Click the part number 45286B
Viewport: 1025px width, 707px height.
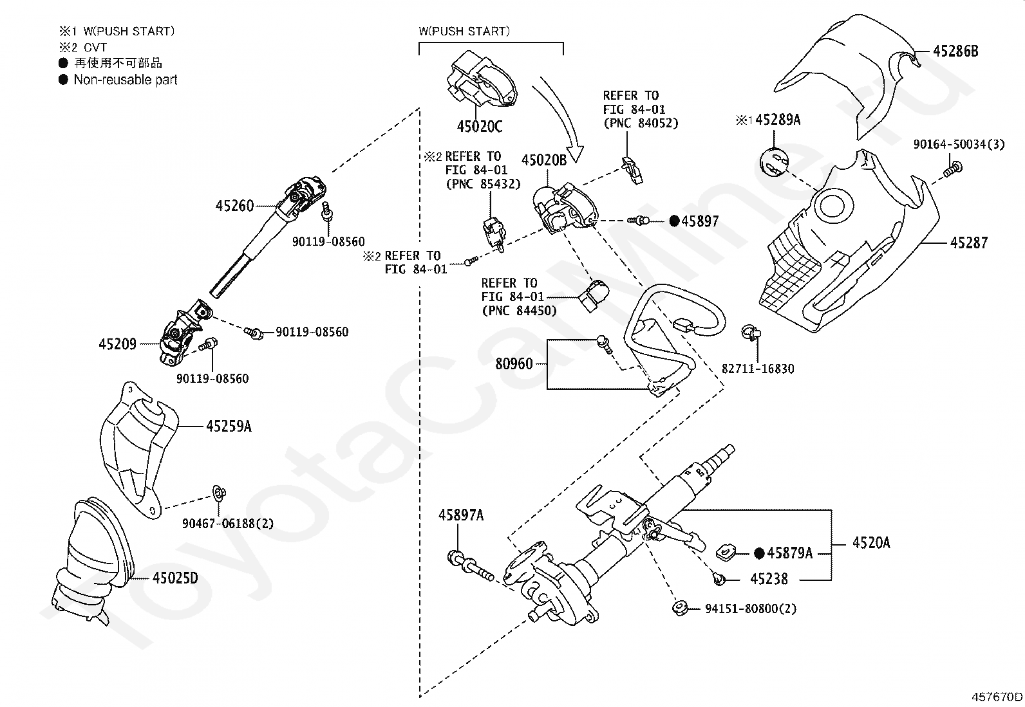pos(955,51)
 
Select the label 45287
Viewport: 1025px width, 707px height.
pos(969,243)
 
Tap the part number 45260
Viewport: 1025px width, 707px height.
pos(234,206)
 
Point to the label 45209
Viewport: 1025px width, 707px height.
pos(118,344)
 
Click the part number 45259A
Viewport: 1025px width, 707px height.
pos(229,427)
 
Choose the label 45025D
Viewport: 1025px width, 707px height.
pos(175,578)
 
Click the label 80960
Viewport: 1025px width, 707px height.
pos(514,363)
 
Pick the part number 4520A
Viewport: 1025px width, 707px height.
pos(871,543)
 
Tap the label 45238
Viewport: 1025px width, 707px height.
pos(769,579)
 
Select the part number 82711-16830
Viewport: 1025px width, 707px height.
pos(758,369)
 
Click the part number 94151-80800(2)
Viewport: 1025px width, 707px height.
pos(751,609)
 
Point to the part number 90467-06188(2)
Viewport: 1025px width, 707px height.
pos(228,523)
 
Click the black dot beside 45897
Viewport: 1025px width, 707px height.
pos(675,221)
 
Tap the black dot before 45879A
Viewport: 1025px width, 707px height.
pos(759,553)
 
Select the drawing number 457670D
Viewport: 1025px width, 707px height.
pos(997,697)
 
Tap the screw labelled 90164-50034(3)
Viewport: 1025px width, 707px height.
pos(953,169)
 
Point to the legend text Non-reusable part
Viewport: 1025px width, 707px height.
pos(126,80)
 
